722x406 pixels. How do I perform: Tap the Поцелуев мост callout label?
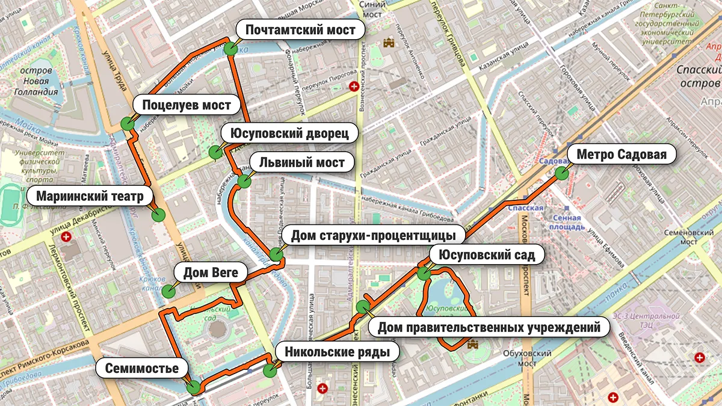(x=187, y=106)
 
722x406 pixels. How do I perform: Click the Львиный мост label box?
(x=302, y=162)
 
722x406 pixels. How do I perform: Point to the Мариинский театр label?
(x=90, y=197)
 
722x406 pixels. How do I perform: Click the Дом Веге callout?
(x=211, y=273)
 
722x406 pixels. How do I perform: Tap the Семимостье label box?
(x=142, y=368)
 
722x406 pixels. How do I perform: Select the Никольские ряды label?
(x=338, y=351)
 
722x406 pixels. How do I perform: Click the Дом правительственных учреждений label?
(x=489, y=328)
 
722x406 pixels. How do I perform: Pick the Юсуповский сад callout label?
(x=487, y=254)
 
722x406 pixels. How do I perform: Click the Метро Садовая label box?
(x=622, y=155)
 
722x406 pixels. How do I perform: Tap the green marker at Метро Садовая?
(x=561, y=173)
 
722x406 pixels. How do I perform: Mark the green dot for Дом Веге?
(x=168, y=291)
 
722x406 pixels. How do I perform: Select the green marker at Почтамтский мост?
(x=231, y=49)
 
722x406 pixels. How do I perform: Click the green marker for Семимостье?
(x=194, y=388)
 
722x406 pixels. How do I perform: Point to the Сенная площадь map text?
(x=566, y=223)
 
